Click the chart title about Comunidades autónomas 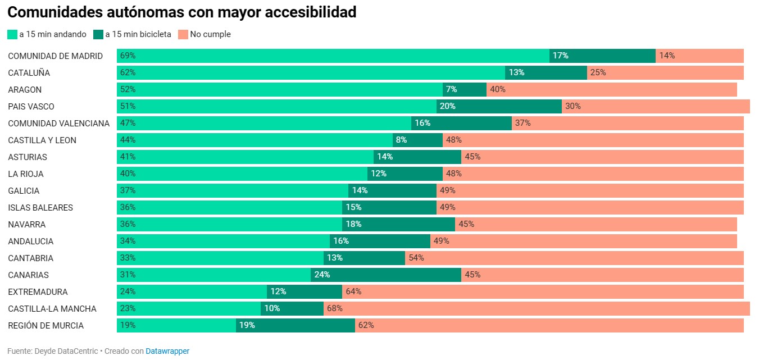coord(182,12)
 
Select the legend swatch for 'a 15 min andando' coord(12,34)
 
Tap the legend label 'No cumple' coord(210,34)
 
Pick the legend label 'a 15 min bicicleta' coord(138,34)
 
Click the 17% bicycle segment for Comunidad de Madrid coord(602,56)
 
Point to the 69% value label coord(128,56)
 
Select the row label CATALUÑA coord(29,73)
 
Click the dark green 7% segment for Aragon coord(465,89)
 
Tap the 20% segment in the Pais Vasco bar coord(499,106)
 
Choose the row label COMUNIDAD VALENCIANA coord(58,124)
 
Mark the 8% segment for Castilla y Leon coord(417,140)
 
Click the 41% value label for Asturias coord(128,157)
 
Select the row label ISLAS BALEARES coord(40,208)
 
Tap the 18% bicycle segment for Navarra coord(398,224)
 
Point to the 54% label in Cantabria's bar coord(416,258)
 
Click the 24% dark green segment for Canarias coord(386,275)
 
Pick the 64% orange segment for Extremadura coord(543,291)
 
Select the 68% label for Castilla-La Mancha coord(335,308)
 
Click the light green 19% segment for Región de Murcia coord(176,325)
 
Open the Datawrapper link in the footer coord(167,351)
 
